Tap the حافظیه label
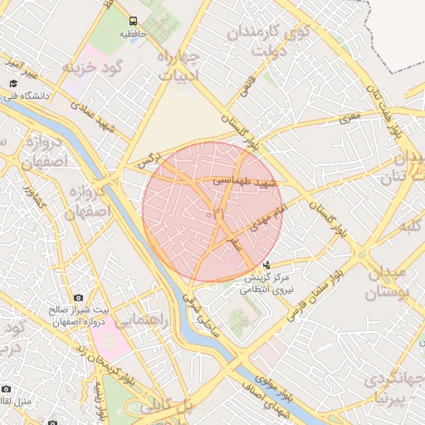134,34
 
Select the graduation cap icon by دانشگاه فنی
13,84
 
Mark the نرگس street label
147,160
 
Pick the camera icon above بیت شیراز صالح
78,296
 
